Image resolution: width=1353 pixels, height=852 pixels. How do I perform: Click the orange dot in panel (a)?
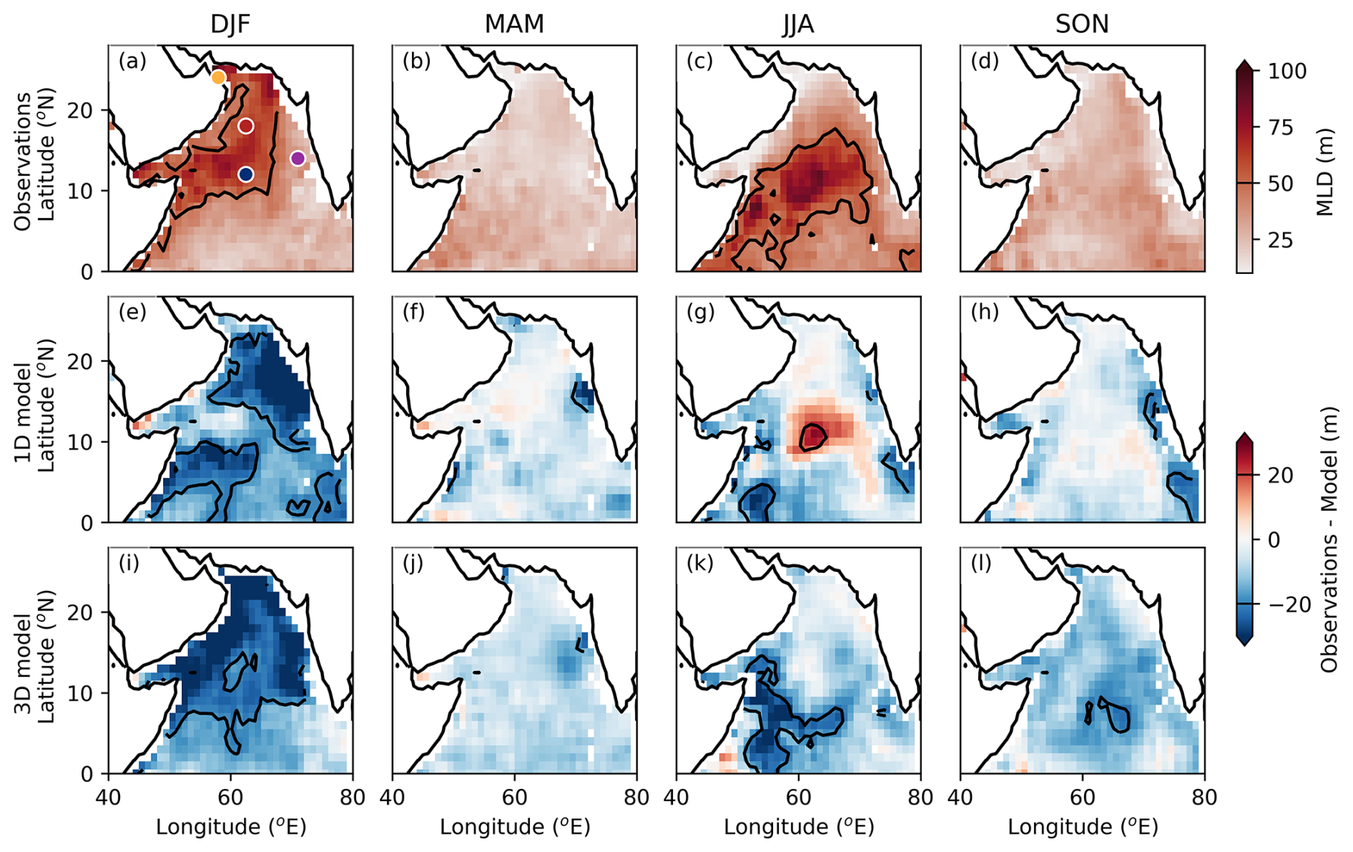(219, 77)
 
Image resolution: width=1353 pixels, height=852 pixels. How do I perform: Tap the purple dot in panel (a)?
(298, 158)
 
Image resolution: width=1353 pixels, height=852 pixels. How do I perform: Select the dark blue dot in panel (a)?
(246, 174)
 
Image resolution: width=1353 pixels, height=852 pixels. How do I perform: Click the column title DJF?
(230, 24)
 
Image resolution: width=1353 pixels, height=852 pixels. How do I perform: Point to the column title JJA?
(798, 24)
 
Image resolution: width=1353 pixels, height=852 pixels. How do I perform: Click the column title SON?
(1082, 24)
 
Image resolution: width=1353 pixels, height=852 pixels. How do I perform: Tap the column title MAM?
(514, 24)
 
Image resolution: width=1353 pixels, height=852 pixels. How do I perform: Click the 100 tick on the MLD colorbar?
(1287, 71)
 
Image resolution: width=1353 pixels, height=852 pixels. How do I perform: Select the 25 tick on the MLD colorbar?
(1281, 240)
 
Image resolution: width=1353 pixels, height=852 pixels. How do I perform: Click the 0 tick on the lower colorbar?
(1274, 540)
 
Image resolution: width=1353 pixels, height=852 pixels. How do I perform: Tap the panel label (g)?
(700, 312)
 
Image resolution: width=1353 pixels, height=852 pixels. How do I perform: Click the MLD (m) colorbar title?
(1325, 172)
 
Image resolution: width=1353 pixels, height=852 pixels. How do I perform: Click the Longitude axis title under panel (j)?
(514, 827)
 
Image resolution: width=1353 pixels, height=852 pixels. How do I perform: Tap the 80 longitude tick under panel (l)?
(1204, 797)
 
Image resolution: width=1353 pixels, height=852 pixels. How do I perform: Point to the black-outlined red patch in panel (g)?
(813, 436)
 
